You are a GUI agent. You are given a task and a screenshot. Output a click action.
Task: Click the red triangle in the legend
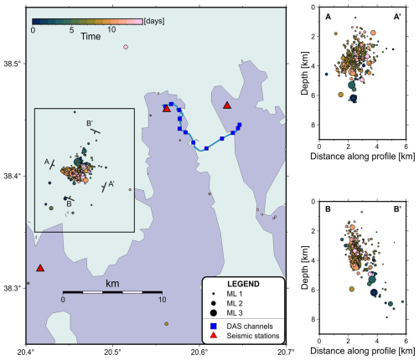[214, 335]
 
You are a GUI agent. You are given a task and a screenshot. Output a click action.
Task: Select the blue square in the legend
[214, 326]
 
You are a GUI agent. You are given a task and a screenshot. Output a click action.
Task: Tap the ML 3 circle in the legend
[214, 313]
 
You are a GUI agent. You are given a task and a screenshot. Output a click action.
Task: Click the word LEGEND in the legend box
[243, 284]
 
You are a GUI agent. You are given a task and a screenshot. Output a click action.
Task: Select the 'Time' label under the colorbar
[91, 36]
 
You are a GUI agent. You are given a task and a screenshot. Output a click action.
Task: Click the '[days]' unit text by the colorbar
[154, 21]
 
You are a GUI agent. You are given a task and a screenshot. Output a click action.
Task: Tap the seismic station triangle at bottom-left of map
[40, 268]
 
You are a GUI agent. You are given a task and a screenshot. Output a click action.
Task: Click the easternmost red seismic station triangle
[227, 105]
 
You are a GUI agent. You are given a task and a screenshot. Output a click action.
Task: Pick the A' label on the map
[111, 183]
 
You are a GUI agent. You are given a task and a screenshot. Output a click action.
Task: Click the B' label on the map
[90, 123]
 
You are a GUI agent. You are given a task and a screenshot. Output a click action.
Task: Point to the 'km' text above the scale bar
[112, 284]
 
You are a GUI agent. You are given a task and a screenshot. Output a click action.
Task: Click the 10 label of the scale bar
[163, 300]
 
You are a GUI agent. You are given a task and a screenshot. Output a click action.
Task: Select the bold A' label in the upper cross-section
[397, 17]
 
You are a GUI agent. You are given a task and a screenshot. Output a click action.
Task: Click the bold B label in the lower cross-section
[328, 209]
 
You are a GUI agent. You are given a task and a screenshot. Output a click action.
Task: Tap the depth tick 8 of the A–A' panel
[313, 125]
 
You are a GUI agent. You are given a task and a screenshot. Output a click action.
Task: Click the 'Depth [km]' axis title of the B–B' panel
[304, 268]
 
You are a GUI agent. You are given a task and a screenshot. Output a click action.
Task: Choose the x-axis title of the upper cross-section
[363, 157]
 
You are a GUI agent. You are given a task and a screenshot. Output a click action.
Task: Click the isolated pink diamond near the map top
[126, 47]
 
